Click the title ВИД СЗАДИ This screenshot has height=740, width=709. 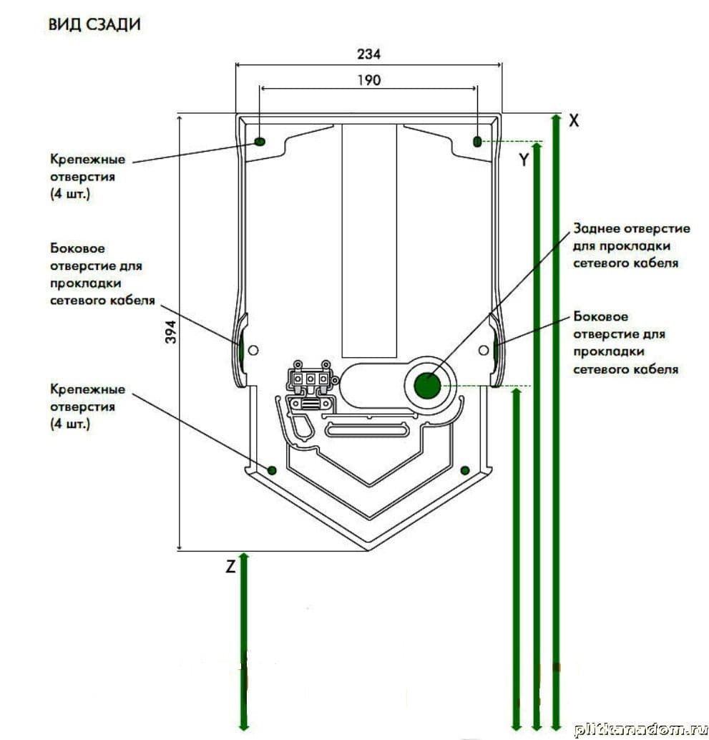point(94,24)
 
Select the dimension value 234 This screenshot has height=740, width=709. point(368,54)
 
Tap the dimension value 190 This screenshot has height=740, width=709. point(368,79)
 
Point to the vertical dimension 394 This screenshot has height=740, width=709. point(170,332)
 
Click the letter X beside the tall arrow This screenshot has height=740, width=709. point(574,120)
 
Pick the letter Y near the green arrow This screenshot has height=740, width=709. point(524,160)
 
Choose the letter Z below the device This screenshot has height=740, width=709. point(230,566)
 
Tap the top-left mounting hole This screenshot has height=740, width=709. point(260,142)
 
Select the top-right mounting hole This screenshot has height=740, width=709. point(477,142)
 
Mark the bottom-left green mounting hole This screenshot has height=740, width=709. point(272,469)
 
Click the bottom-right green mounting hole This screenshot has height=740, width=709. point(465,469)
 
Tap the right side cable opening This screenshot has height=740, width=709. point(496,350)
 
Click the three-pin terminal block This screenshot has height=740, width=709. point(311,379)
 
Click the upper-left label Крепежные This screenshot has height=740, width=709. point(88,159)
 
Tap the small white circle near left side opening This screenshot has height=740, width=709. point(253,350)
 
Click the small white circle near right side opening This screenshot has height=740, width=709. point(484,350)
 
